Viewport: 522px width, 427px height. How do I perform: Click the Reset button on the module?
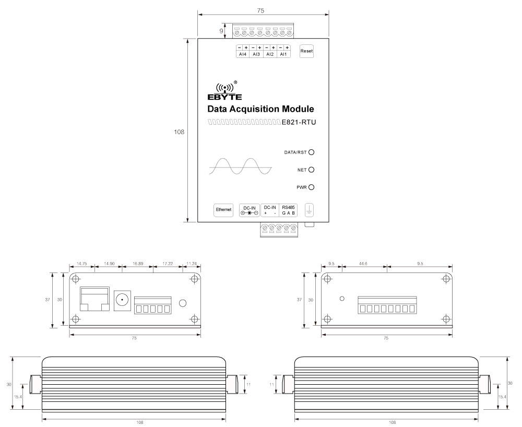[306, 51]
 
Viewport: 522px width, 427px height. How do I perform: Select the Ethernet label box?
[224, 209]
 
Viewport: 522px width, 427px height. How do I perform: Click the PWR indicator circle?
[311, 187]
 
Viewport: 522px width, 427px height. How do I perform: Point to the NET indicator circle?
[311, 170]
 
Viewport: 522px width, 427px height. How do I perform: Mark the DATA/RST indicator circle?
[311, 152]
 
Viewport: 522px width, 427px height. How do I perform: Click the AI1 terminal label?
[283, 54]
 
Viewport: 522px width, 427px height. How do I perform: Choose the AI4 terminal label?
[242, 54]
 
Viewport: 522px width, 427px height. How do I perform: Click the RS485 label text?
[288, 207]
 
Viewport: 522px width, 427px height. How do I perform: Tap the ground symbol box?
[309, 210]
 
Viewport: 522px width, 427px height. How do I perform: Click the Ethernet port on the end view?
[94, 298]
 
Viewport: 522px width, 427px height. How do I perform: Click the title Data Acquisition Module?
[260, 110]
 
